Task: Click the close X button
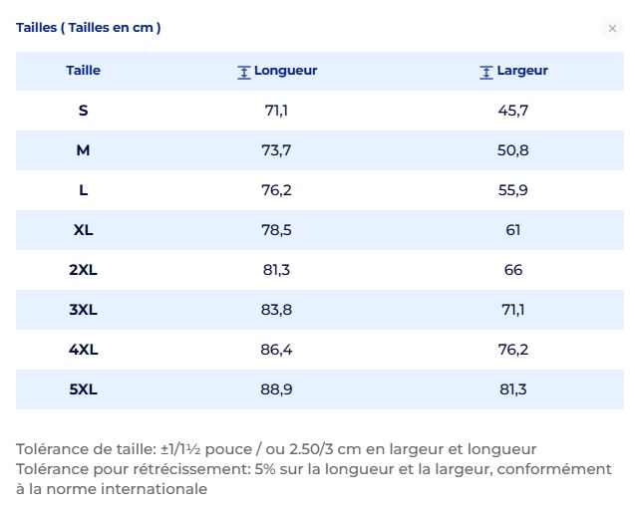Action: coord(612,28)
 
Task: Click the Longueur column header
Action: coord(285,71)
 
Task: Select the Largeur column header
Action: coord(522,71)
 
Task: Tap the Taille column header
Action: coord(83,71)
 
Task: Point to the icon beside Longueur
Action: coord(244,73)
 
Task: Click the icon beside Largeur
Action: coord(486,73)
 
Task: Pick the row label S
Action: coord(83,111)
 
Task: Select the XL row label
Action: coord(83,230)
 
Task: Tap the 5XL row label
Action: coord(83,389)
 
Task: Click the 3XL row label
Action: coord(83,310)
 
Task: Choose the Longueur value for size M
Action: coord(276,150)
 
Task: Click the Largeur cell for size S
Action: coord(513,111)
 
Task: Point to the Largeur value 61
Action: coord(513,230)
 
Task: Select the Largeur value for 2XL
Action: coord(513,270)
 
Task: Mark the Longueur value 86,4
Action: coord(276,350)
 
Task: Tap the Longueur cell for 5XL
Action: coord(276,389)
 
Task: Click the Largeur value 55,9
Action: coord(513,190)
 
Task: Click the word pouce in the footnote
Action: coord(229,449)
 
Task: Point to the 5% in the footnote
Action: coord(265,469)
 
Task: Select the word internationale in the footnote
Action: coord(155,489)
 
